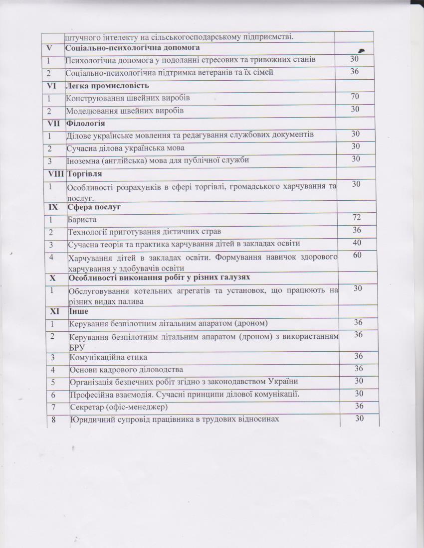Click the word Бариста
pos(82,220)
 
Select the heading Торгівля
pos(84,174)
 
